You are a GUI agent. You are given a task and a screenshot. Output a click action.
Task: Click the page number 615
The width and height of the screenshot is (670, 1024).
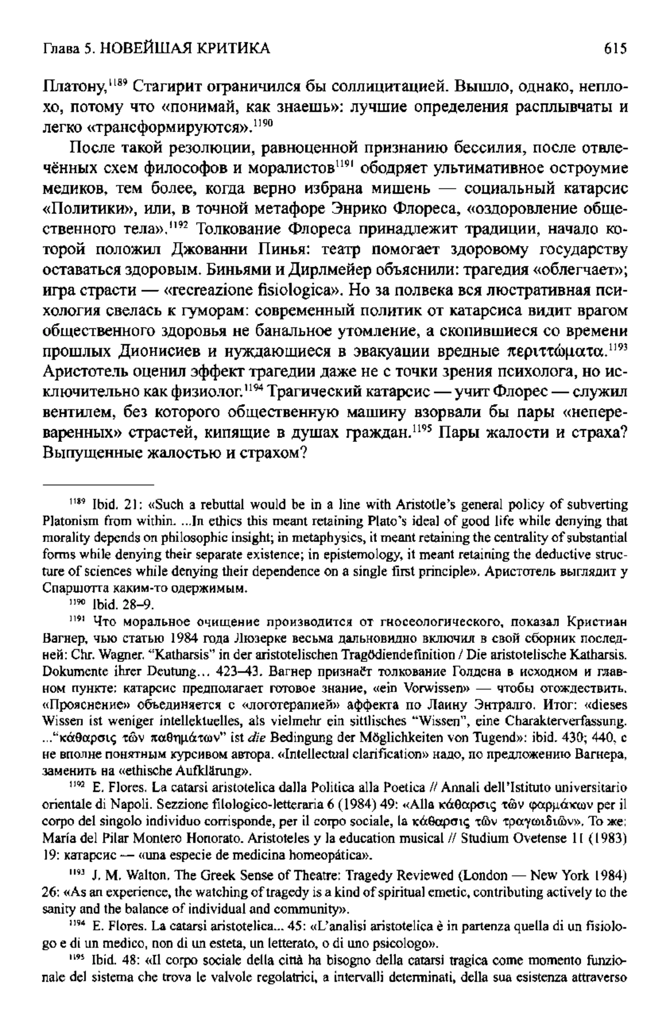click(615, 49)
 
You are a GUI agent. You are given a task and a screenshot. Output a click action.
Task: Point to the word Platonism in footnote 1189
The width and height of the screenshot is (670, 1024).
click(65, 520)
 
